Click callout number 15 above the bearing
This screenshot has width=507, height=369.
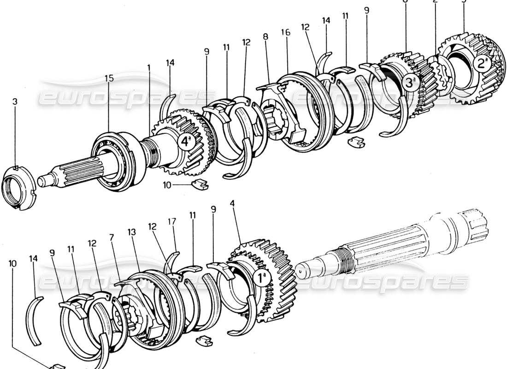[x=109, y=79]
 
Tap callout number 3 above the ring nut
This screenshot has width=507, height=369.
[x=15, y=101]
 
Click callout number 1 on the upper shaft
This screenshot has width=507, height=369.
[x=149, y=67]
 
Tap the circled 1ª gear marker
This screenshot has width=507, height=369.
[x=259, y=278]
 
